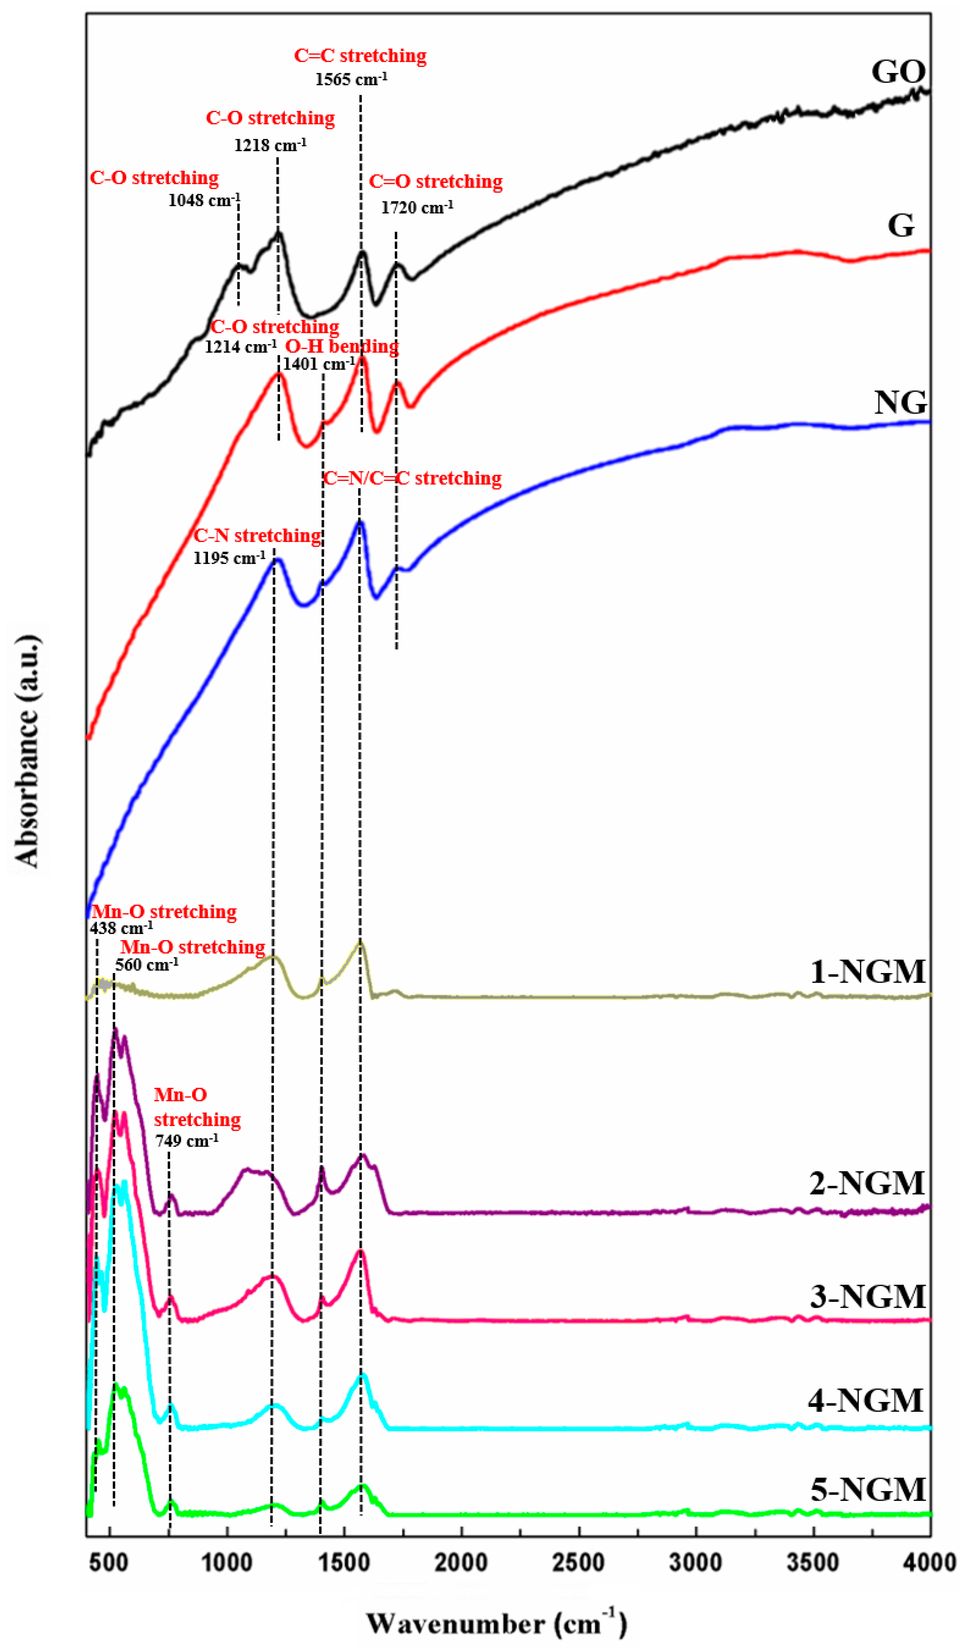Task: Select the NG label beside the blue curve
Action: [901, 402]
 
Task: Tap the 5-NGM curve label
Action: [867, 1489]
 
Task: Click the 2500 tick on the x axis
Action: [579, 1563]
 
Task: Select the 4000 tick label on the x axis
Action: [929, 1563]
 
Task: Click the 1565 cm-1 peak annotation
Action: [351, 79]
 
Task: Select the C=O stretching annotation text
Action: [436, 182]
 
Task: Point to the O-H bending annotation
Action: [342, 346]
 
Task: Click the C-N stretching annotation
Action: [257, 536]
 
